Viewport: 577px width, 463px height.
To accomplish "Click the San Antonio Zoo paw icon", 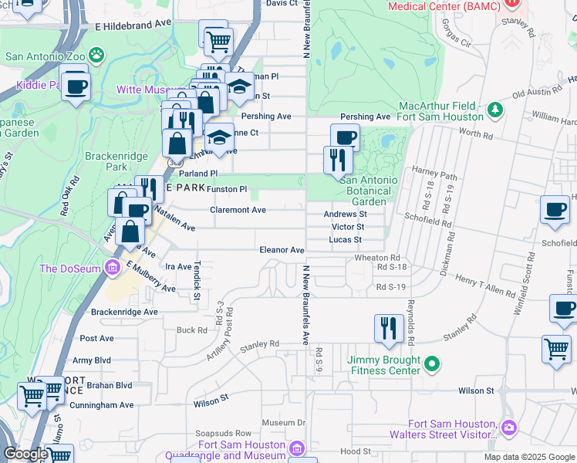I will tap(96, 55).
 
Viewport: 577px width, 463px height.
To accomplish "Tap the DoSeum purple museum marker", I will tap(112, 268).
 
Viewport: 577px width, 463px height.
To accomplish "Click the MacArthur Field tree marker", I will tap(494, 112).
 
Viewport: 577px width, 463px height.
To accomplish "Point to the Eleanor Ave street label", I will tap(282, 250).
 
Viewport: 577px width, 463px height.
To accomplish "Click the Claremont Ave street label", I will tap(238, 210).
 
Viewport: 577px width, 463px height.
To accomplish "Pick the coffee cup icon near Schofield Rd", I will tap(555, 210).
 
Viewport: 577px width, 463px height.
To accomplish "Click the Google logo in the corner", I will tap(25, 454).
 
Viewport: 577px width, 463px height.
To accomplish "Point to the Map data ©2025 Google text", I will tap(529, 457).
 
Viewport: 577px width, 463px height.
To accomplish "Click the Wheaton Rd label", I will tap(377, 258).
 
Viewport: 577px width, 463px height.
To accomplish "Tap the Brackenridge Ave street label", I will tap(124, 312).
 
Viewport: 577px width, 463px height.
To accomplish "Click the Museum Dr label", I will tap(284, 423).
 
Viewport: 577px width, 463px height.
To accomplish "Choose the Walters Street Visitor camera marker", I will tap(508, 427).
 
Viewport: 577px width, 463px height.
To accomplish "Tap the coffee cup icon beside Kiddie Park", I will tap(76, 86).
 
